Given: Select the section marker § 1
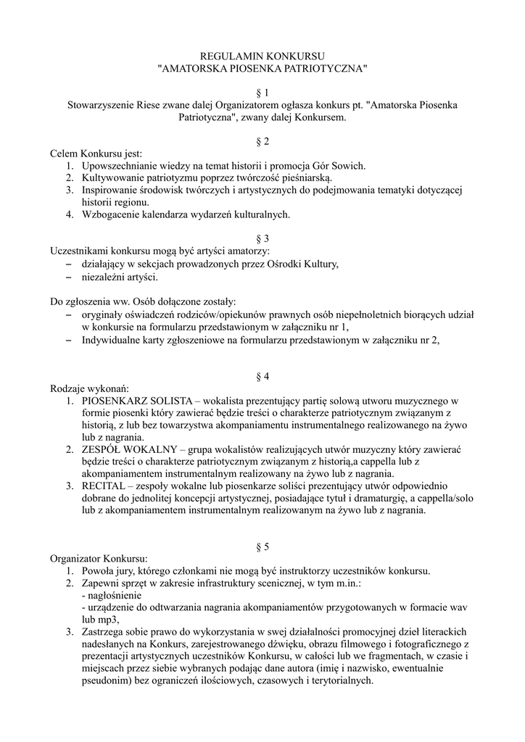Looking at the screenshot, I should [262, 93].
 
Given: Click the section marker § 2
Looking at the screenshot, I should [262, 141].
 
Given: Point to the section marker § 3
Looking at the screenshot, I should [262, 238].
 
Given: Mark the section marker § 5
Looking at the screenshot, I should [262, 546].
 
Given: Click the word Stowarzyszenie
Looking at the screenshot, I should [100, 105].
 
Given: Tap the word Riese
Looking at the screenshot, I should [150, 105].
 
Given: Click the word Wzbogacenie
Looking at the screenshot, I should [112, 214].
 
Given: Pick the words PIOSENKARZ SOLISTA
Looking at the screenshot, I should [136, 401].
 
